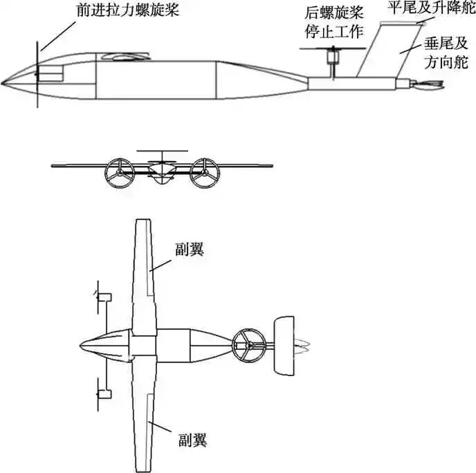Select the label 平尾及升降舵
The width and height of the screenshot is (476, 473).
pos(426,10)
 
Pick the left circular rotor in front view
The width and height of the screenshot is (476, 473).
pos(118,172)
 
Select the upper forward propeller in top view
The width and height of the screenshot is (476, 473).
pos(100,297)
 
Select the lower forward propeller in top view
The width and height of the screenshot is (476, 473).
pos(100,393)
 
